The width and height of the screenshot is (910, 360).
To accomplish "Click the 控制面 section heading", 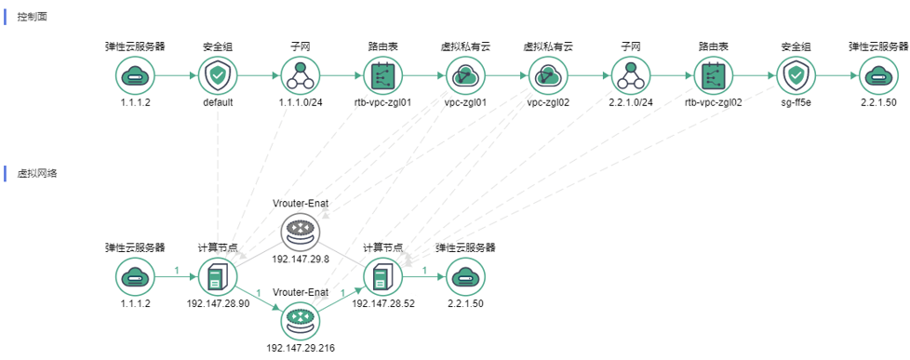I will click(32, 16).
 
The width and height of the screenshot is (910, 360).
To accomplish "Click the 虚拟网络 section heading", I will click(37, 173).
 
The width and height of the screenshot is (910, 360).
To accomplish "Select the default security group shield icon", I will click(218, 75).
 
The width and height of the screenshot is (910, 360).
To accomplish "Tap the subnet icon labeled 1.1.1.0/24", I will click(301, 75).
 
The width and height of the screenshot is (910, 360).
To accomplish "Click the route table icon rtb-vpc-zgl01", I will click(382, 75).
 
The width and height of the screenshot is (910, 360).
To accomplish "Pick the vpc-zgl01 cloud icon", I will click(464, 75).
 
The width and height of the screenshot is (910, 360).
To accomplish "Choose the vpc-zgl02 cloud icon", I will click(548, 75).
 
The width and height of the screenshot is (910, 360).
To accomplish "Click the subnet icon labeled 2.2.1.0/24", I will click(631, 75).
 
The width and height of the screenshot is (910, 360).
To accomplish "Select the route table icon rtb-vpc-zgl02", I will click(714, 75).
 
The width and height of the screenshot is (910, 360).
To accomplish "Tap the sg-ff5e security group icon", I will click(796, 75).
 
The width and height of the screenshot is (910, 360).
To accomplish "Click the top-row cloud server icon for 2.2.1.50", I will click(878, 75).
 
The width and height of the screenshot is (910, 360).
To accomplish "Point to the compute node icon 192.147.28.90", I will click(218, 276).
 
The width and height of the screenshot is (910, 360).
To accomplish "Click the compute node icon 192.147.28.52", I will click(382, 276).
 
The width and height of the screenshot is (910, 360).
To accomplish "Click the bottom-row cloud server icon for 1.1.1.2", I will click(135, 276).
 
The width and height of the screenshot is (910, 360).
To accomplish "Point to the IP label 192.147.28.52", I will click(382, 302).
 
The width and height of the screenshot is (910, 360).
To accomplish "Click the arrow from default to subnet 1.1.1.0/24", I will click(259, 75).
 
